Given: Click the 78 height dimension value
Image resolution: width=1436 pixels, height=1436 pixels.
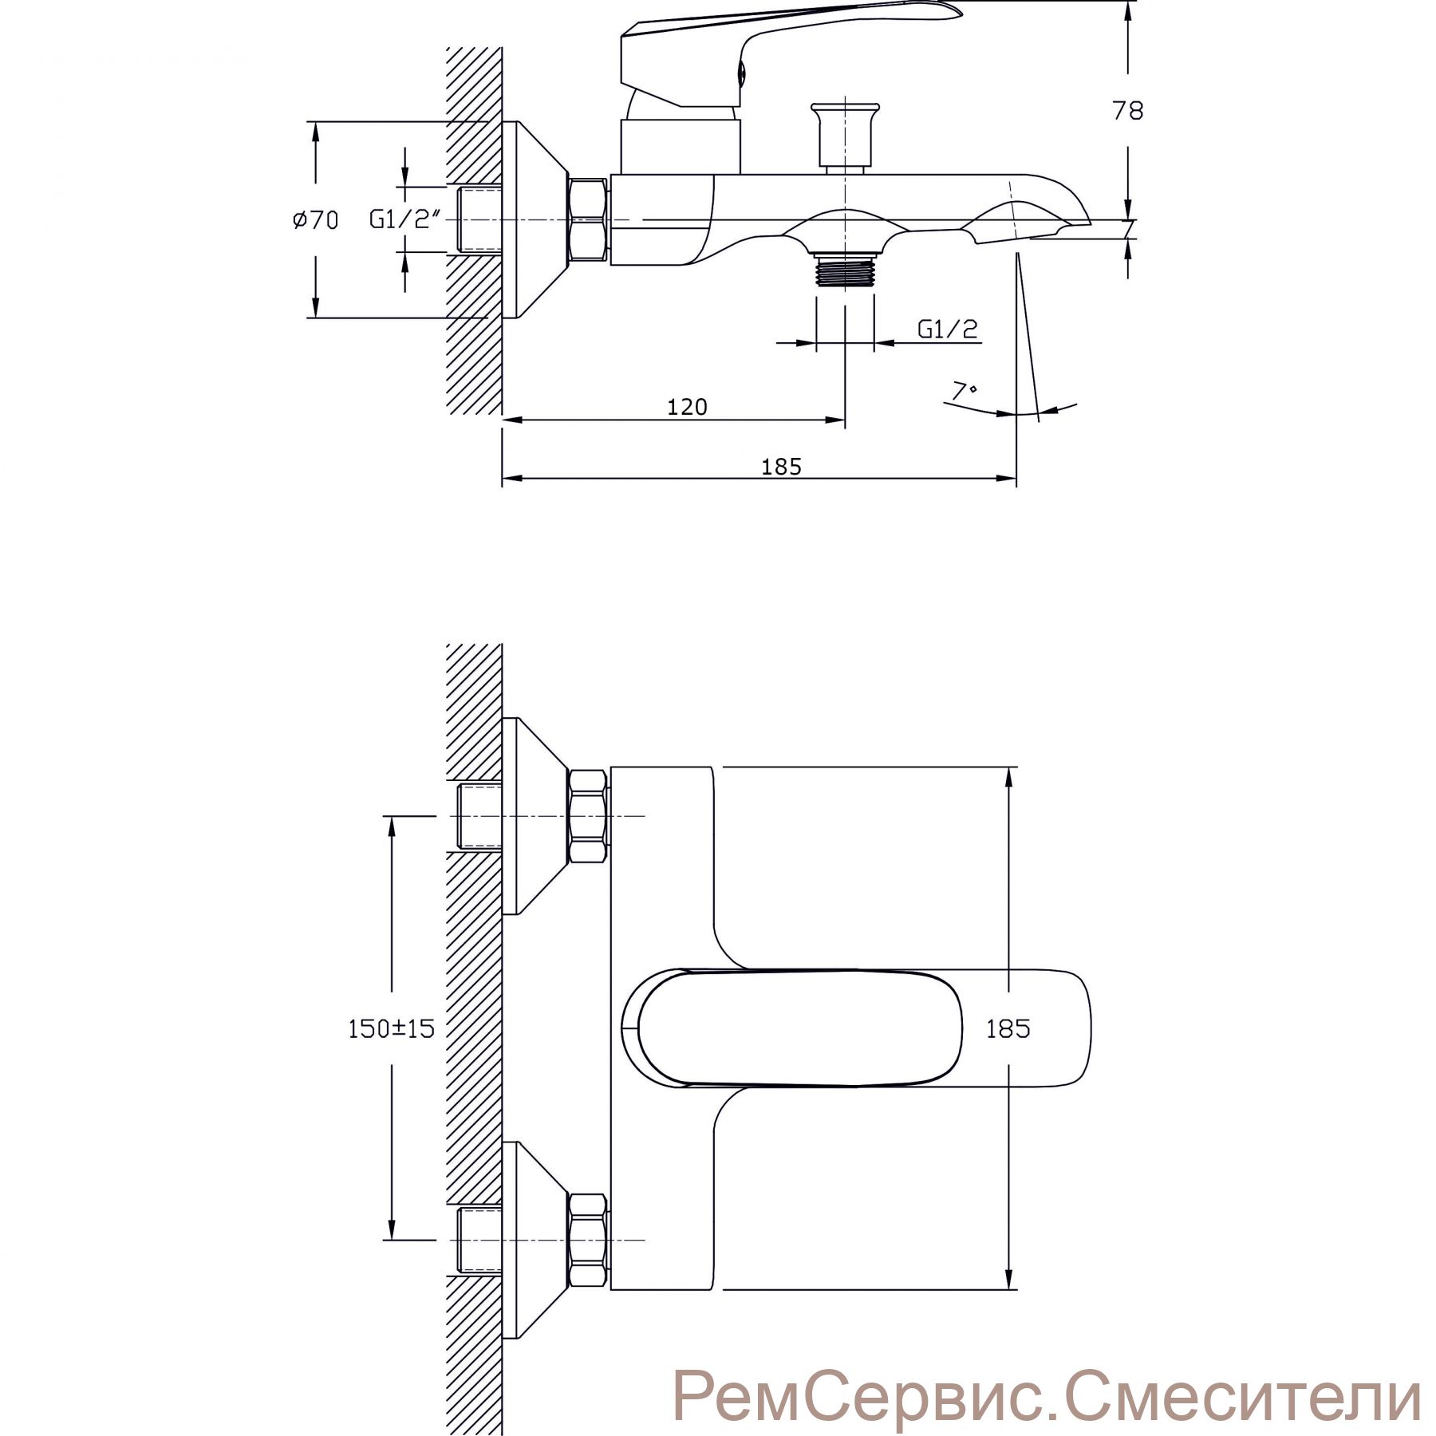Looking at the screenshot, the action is (x=1128, y=110).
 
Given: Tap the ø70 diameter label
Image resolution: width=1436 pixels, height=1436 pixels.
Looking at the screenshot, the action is (x=314, y=219).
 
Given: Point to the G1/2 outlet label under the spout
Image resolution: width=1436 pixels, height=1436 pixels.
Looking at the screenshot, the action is (x=948, y=329).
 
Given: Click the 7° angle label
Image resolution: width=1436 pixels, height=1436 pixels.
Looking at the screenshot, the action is (x=965, y=391).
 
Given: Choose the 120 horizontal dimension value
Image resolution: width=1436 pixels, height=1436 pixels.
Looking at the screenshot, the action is (x=687, y=407).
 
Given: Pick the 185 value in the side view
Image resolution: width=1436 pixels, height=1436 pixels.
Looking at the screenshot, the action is (x=781, y=467).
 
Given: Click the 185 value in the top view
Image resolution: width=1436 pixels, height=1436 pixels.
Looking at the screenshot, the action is (x=1008, y=1028).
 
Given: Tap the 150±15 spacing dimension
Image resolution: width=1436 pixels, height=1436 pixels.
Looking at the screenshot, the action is (x=391, y=1028).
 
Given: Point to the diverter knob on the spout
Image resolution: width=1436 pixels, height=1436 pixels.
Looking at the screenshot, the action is (x=844, y=136).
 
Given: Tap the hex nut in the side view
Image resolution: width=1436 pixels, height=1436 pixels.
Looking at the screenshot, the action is (x=588, y=219).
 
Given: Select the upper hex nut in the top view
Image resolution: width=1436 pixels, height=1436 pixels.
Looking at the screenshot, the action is (x=588, y=815).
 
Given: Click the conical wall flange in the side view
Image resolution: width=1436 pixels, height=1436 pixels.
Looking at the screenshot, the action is (x=535, y=220).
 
